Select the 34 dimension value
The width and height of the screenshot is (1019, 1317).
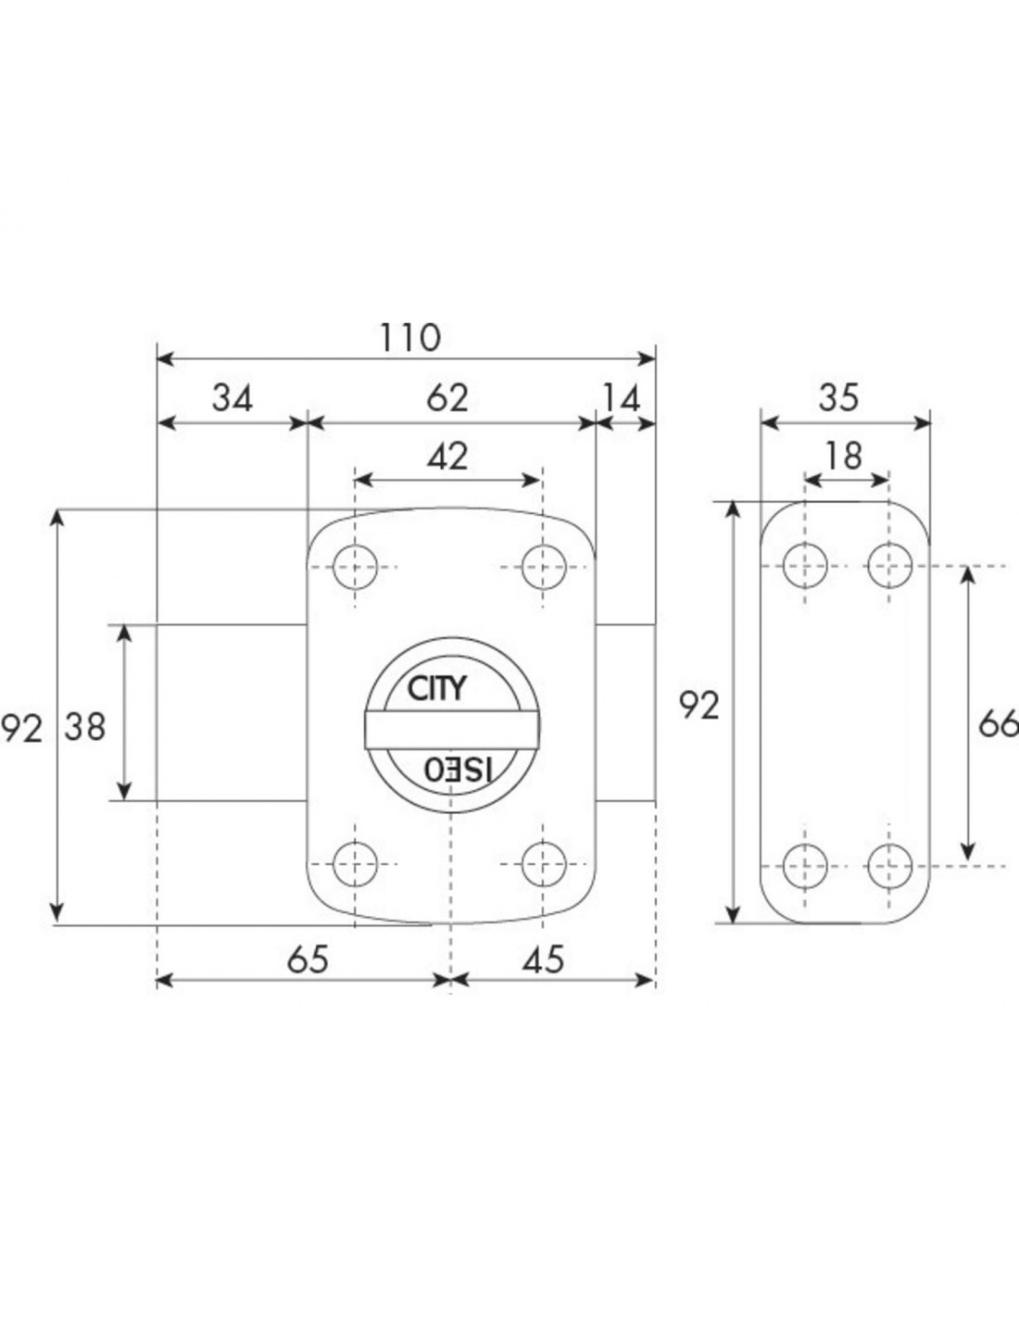[233, 399]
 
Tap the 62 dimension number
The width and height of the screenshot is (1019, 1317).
[447, 399]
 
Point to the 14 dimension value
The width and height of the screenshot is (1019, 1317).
[622, 399]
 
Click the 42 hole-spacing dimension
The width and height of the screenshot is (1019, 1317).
[447, 457]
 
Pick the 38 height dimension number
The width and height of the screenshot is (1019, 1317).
[85, 727]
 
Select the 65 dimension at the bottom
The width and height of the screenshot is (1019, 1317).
[308, 960]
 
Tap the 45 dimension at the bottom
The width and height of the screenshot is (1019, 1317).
[543, 960]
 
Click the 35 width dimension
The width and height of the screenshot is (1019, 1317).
[839, 399]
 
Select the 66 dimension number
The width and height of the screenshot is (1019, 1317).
[999, 724]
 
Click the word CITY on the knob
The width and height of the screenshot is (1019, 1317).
[435, 688]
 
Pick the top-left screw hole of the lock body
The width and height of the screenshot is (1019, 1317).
[355, 567]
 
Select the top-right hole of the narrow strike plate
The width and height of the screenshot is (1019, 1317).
[889, 566]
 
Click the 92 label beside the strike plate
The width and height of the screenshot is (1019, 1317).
[698, 706]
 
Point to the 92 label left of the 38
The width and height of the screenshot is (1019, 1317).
[22, 728]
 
